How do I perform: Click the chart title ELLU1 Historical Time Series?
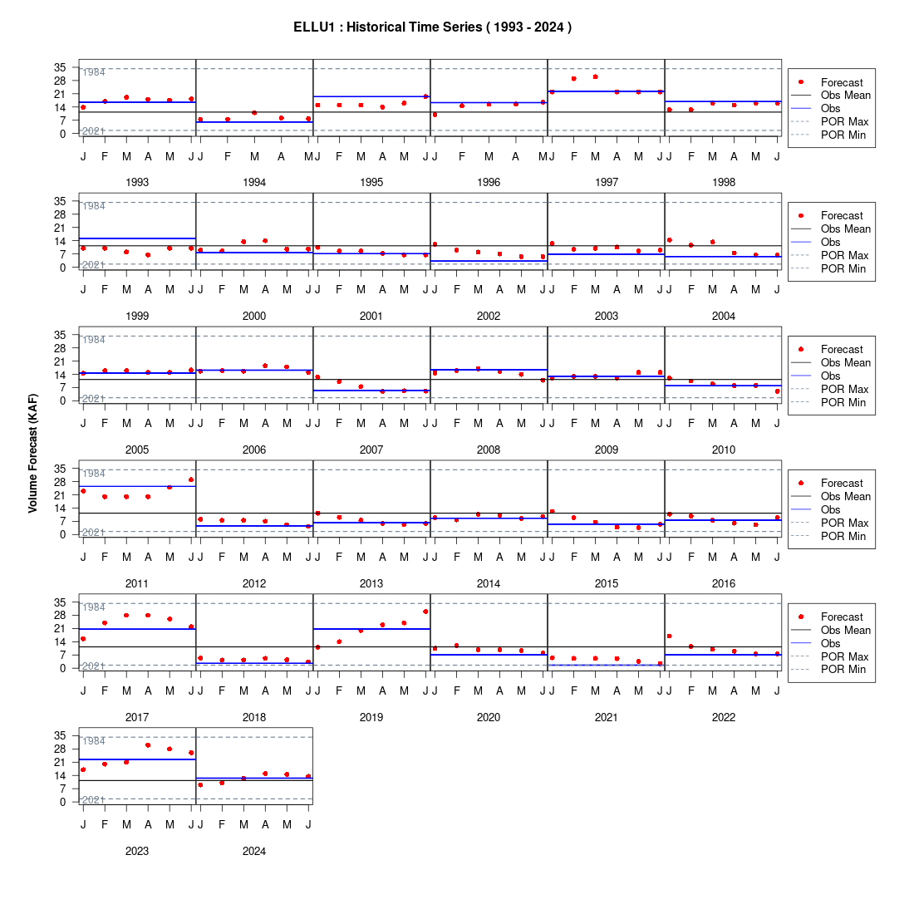tap(432, 27)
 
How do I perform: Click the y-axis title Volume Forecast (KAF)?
tap(32, 454)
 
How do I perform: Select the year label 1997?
tap(607, 183)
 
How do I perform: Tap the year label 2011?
tap(137, 583)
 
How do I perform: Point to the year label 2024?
tap(254, 851)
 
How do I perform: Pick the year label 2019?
tap(371, 717)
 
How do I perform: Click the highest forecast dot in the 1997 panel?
tap(595, 77)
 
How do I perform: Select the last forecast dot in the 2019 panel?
tap(425, 612)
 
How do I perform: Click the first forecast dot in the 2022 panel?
tap(669, 636)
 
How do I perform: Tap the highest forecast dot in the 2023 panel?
tap(148, 745)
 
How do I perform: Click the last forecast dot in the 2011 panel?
tap(191, 479)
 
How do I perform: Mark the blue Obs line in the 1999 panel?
tap(138, 238)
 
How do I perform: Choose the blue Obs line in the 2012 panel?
tap(255, 526)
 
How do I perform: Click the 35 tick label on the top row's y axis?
tap(60, 67)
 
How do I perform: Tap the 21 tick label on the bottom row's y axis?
tap(60, 763)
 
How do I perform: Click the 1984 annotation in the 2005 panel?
tap(94, 340)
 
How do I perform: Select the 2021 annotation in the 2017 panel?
tap(93, 666)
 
